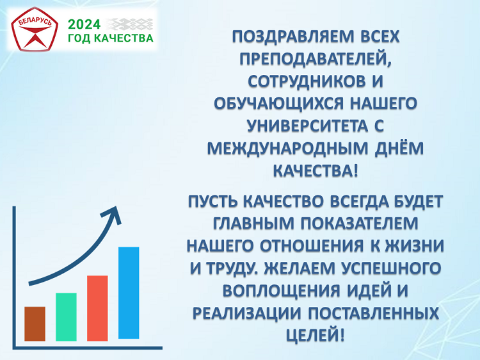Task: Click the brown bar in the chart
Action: [x=35, y=324]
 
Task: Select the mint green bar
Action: [x=66, y=317]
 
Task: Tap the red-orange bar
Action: [x=97, y=308]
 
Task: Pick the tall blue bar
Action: [x=129, y=293]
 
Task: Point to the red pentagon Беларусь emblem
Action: [x=35, y=29]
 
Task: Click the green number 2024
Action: [x=84, y=24]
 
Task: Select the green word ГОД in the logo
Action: [x=79, y=38]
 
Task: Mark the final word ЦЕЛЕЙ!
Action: [x=316, y=335]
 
